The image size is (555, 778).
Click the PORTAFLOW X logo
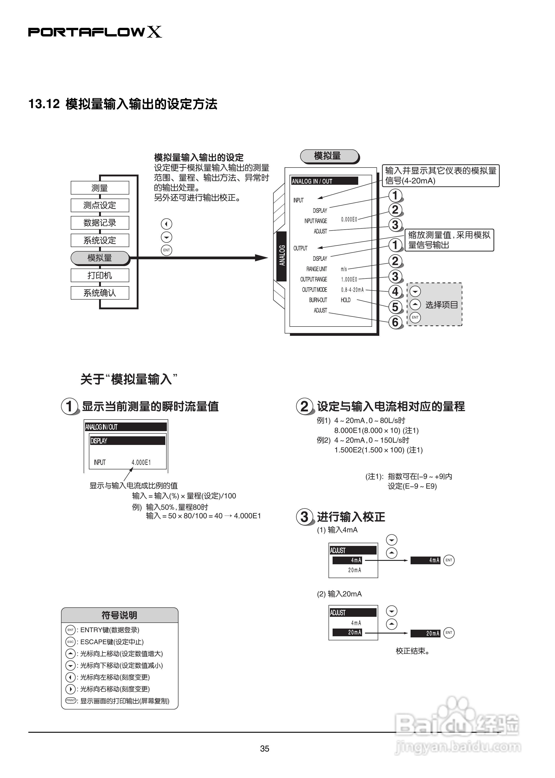tap(95, 32)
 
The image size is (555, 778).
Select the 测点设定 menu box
tap(100, 205)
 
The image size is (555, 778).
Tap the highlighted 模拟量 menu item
tap(100, 258)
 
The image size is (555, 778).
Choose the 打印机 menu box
tap(100, 275)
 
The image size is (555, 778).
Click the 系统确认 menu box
tap(100, 293)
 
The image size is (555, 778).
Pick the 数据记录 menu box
tap(100, 223)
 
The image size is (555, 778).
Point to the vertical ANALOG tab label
tap(282, 256)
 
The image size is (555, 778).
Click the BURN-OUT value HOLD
tap(346, 300)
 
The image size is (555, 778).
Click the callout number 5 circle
tap(395, 307)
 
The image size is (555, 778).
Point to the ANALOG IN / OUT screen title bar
tap(324, 181)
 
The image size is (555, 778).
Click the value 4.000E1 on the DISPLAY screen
tap(141, 462)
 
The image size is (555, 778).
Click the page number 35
tap(265, 749)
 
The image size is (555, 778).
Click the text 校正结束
tap(412, 651)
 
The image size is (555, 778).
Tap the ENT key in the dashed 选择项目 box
tap(415, 317)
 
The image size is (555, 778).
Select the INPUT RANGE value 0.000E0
tap(349, 219)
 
